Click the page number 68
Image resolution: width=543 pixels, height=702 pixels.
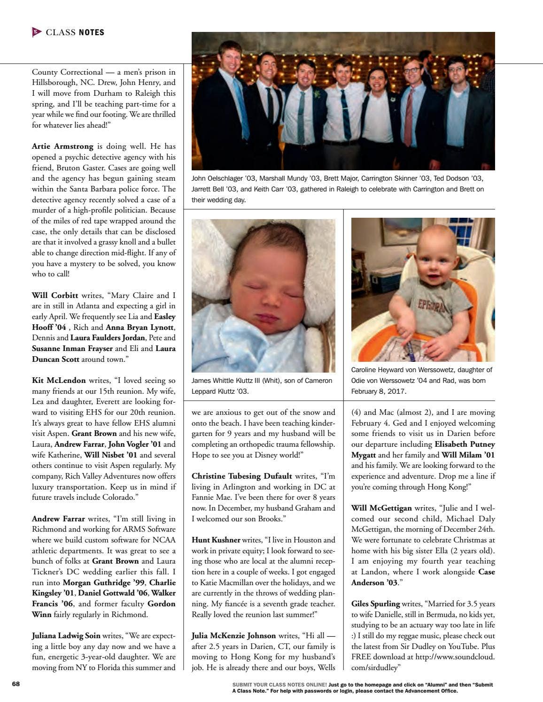(16, 684)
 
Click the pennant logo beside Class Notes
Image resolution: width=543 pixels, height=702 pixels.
(37, 32)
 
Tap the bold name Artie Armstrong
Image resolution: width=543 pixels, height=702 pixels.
(62, 146)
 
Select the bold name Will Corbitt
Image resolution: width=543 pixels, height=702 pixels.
(55, 296)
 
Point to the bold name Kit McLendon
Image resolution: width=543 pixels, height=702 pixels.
(59, 381)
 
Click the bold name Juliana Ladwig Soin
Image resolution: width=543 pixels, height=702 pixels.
(66, 636)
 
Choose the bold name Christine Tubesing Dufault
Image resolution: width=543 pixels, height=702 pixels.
(241, 476)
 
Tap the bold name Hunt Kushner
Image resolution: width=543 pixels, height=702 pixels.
(216, 540)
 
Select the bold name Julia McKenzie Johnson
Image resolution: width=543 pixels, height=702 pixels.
(233, 636)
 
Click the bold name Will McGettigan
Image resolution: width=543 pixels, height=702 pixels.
(381, 508)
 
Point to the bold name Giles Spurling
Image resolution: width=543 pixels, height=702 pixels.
(375, 604)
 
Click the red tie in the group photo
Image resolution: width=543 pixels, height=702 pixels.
(409, 117)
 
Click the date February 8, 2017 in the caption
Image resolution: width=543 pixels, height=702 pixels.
(379, 391)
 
